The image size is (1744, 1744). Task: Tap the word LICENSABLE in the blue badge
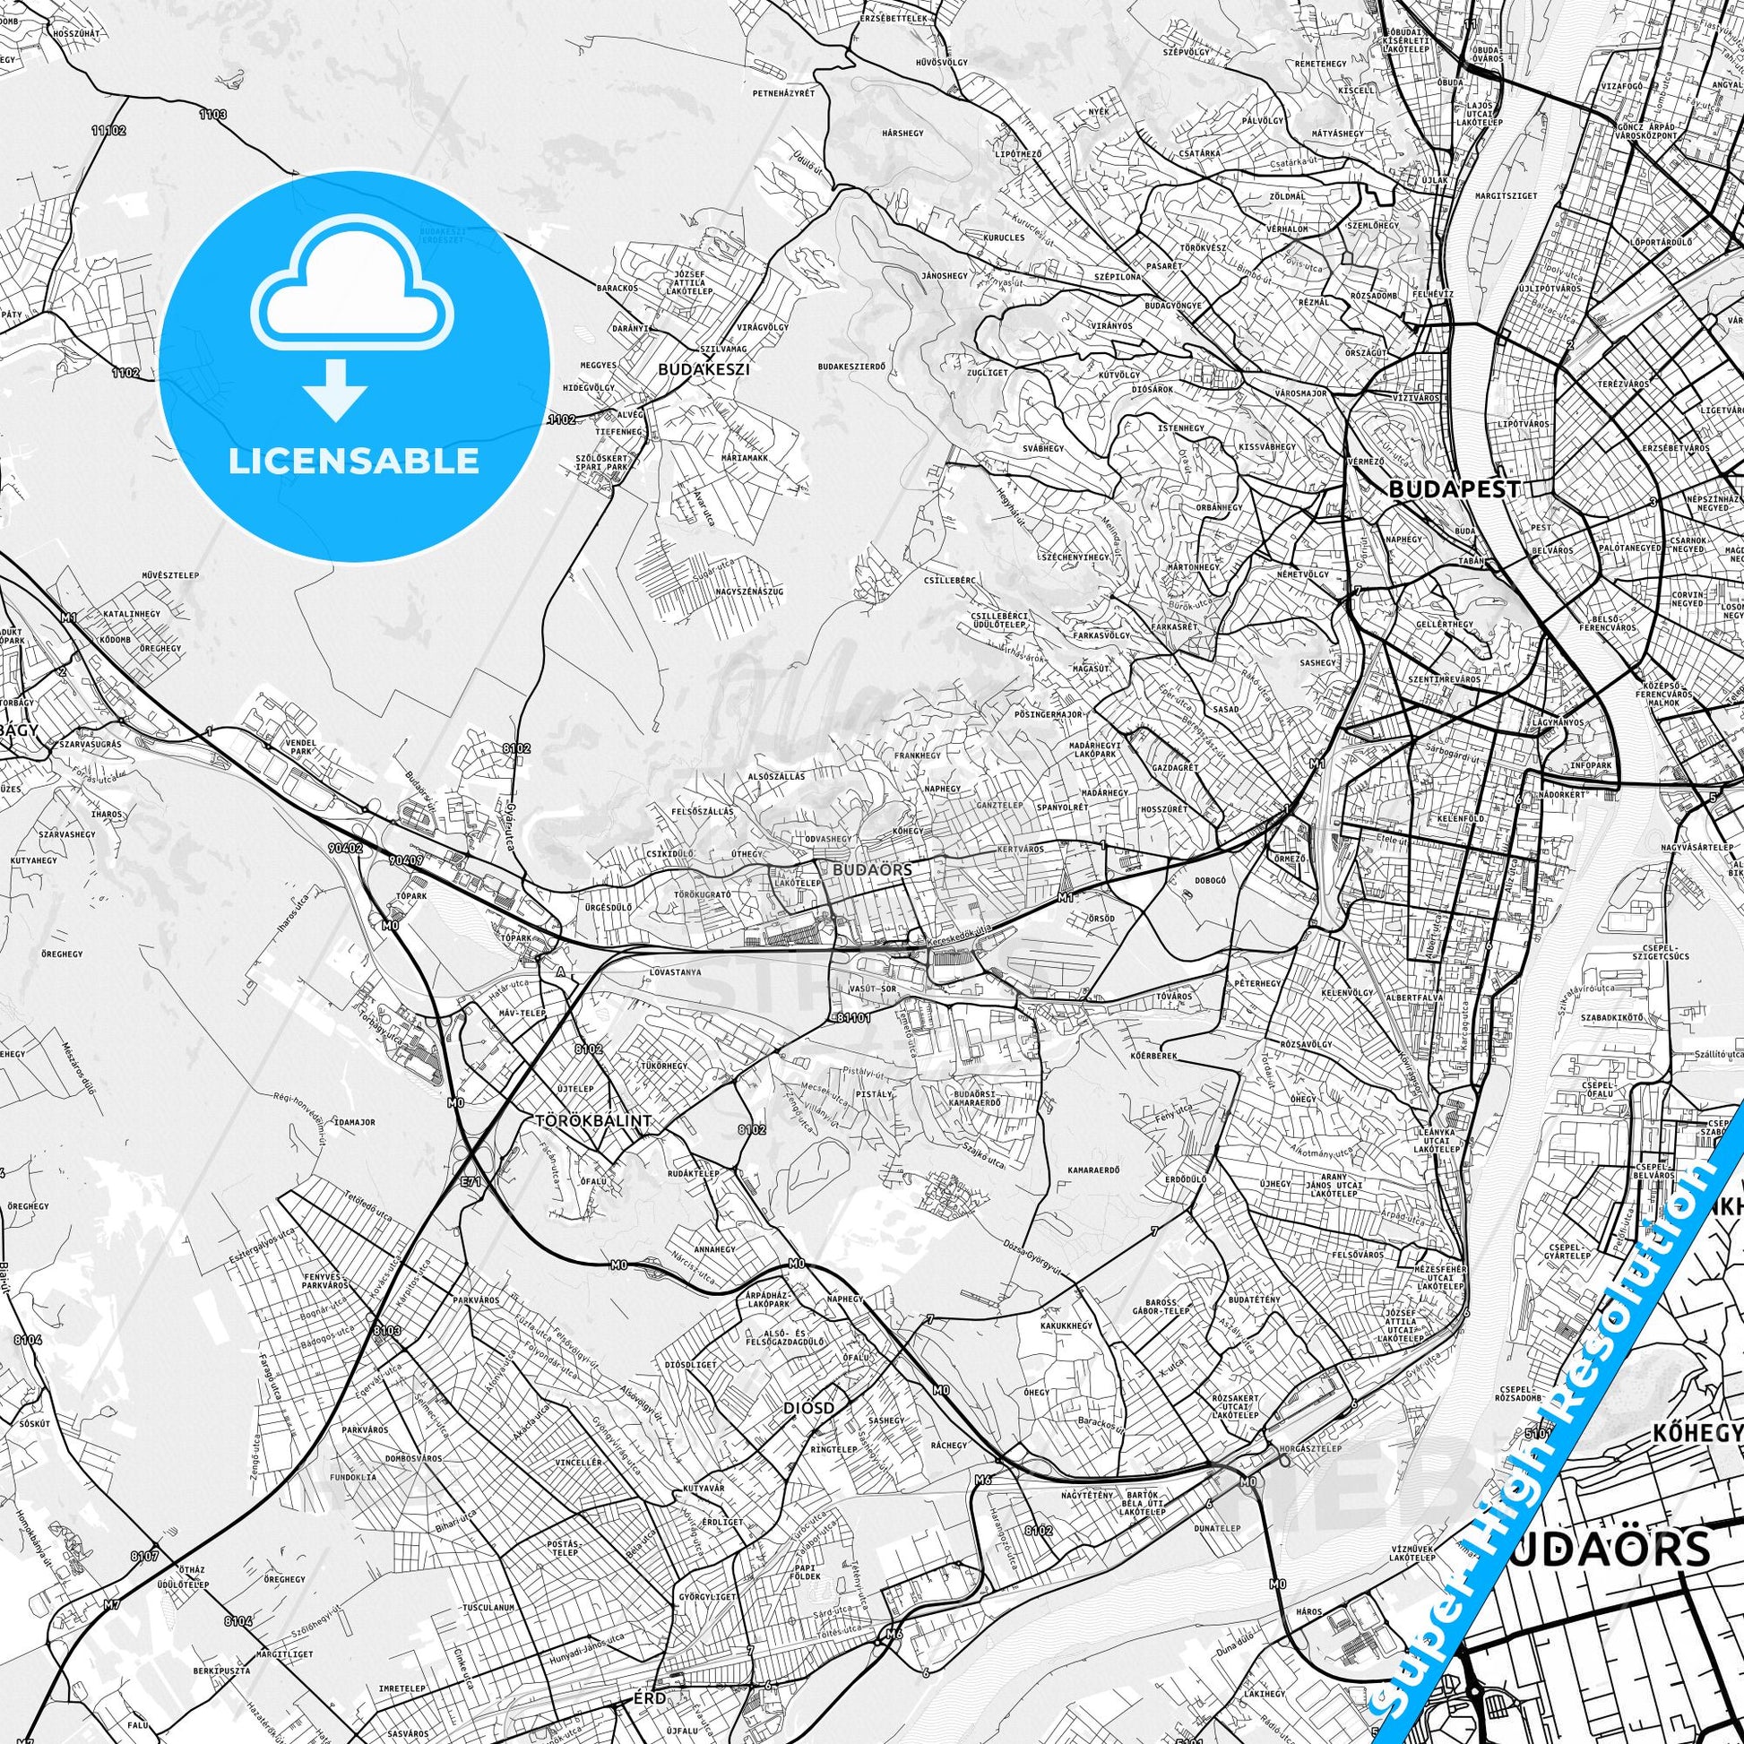(x=353, y=461)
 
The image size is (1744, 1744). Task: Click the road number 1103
(x=214, y=115)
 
